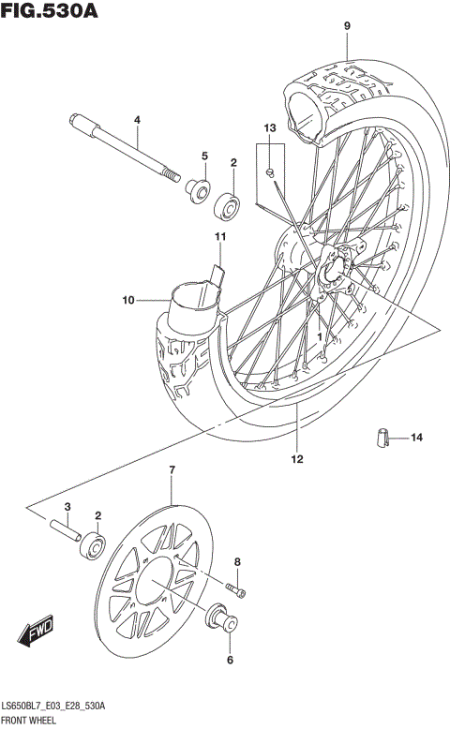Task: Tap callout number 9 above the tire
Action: pos(346,25)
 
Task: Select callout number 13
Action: pos(269,127)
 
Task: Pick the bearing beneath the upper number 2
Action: pos(228,203)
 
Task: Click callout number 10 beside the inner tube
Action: pos(128,300)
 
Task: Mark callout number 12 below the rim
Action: pos(296,459)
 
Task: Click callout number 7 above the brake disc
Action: pos(172,469)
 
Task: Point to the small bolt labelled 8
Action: pos(237,590)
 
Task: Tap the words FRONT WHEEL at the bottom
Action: pos(30,721)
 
